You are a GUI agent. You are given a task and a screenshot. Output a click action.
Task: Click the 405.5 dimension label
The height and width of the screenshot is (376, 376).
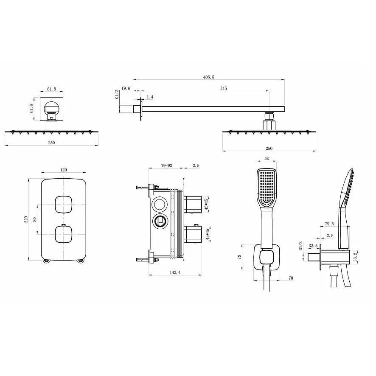click(209, 77)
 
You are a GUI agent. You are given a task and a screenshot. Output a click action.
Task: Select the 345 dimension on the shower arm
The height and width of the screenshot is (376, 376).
click(224, 88)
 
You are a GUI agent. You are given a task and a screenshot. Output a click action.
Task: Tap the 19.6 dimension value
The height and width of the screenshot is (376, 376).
click(126, 88)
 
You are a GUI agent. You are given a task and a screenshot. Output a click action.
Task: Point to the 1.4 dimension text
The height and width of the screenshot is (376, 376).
click(150, 97)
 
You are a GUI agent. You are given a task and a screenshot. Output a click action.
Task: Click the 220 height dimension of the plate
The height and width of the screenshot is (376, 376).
click(26, 219)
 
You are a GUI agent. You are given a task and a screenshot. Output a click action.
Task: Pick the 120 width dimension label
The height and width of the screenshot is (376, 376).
click(64, 170)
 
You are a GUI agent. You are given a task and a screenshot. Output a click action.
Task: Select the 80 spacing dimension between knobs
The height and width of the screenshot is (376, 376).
click(35, 219)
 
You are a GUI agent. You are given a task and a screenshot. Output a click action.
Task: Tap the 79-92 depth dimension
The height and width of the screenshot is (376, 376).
click(167, 166)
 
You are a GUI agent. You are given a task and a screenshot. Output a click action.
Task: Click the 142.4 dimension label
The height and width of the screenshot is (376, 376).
click(175, 272)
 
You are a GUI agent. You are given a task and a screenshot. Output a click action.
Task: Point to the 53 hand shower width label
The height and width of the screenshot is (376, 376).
click(267, 158)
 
